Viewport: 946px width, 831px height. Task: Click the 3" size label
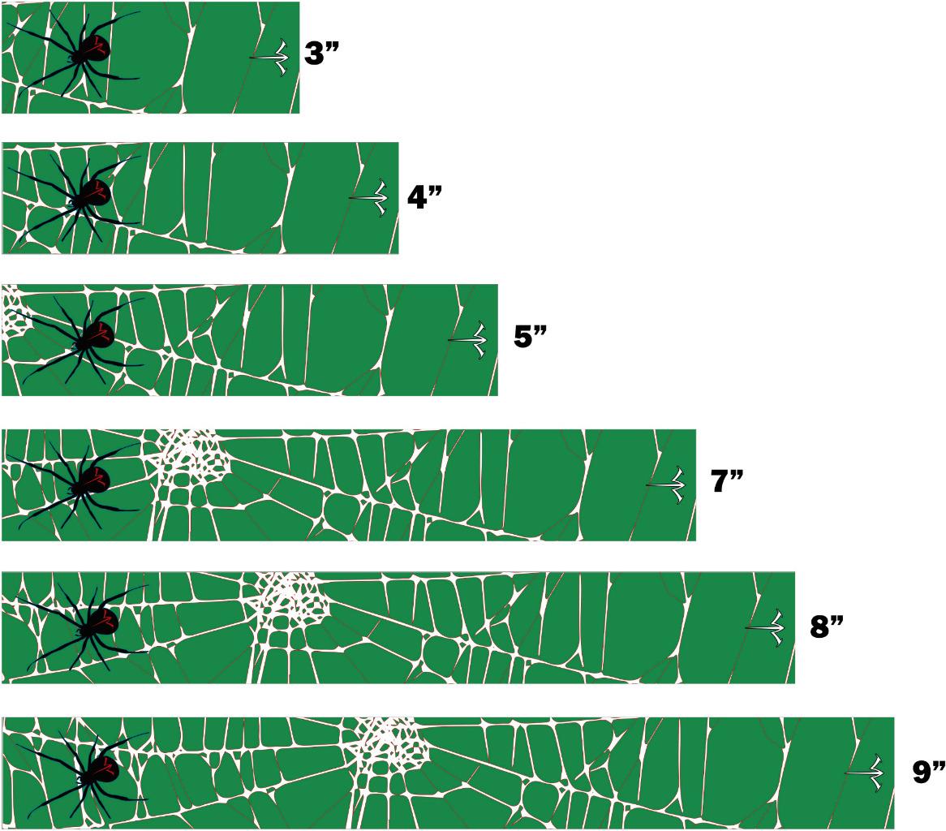322,53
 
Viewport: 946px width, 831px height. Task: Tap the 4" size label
425,196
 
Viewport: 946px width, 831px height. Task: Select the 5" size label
531,336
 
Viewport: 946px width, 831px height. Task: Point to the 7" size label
727,480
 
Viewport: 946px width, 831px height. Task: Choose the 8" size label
827,626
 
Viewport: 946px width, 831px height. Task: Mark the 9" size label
928,771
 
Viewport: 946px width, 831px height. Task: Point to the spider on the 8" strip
81,626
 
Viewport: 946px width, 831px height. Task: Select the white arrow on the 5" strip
468,340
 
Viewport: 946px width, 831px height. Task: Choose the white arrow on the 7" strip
666,484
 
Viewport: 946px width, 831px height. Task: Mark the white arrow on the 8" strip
765,627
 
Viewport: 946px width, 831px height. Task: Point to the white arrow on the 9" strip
864,773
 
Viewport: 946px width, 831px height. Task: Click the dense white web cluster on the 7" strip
191,454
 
